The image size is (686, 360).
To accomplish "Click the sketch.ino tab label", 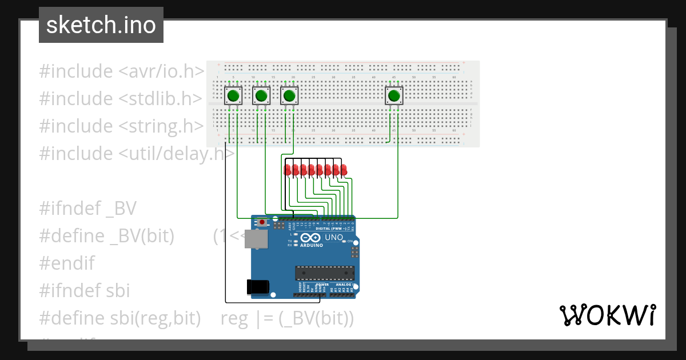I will click(101, 25).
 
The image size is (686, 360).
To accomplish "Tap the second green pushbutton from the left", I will click(261, 95).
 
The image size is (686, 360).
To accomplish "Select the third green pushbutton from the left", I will click(290, 95).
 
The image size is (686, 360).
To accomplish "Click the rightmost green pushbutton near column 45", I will click(394, 95).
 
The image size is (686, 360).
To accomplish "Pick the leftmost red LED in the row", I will click(287, 170).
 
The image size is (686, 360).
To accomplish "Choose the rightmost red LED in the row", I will click(344, 170).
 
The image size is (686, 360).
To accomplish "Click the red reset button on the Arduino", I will click(262, 222).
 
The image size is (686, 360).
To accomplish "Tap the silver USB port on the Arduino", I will click(255, 240).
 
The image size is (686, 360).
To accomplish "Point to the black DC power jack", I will click(257, 286).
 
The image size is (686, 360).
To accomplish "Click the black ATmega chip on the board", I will click(324, 273).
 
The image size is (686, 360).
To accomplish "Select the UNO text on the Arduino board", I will click(334, 237).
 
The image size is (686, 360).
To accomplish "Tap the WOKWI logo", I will click(607, 315).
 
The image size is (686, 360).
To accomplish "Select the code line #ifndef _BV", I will click(87, 209).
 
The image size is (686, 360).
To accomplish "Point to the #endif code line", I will click(66, 263).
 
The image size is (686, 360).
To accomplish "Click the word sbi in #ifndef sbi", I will click(118, 291).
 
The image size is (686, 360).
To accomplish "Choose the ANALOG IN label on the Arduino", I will click(345, 284).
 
